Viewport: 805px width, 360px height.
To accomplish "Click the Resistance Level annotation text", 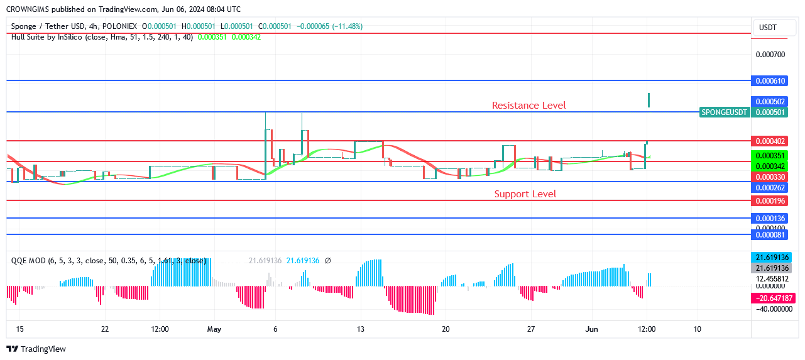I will [x=528, y=106].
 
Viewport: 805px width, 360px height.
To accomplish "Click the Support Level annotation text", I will [x=525, y=194].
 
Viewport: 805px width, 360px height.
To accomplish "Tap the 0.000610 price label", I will [x=770, y=81].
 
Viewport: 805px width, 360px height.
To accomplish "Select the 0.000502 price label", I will [x=770, y=102].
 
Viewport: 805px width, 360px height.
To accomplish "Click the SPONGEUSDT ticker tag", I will [x=725, y=112].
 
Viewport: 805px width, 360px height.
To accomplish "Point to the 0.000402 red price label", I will [x=770, y=141].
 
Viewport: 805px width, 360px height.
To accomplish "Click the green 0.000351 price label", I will [x=770, y=156].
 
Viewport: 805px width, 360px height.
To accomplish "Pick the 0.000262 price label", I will [x=770, y=188].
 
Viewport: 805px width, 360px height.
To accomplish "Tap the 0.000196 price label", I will [x=770, y=201].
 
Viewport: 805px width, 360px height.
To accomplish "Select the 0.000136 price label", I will [x=770, y=219].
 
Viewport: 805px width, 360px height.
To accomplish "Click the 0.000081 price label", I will [x=770, y=235].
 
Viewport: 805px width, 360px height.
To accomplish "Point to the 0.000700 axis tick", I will [x=770, y=55].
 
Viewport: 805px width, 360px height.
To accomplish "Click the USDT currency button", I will [x=768, y=28].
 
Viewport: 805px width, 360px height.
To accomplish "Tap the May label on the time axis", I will [x=214, y=329].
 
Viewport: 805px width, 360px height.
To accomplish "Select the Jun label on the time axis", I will [x=591, y=329].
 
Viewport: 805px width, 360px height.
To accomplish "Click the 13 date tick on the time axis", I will [x=361, y=329].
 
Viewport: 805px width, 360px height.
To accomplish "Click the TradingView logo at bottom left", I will [x=36, y=349].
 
